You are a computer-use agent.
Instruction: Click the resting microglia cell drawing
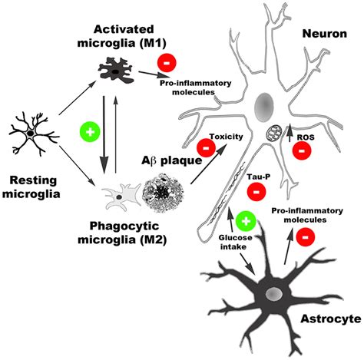click(x=29, y=133)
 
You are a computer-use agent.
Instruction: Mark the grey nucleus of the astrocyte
click(x=273, y=294)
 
